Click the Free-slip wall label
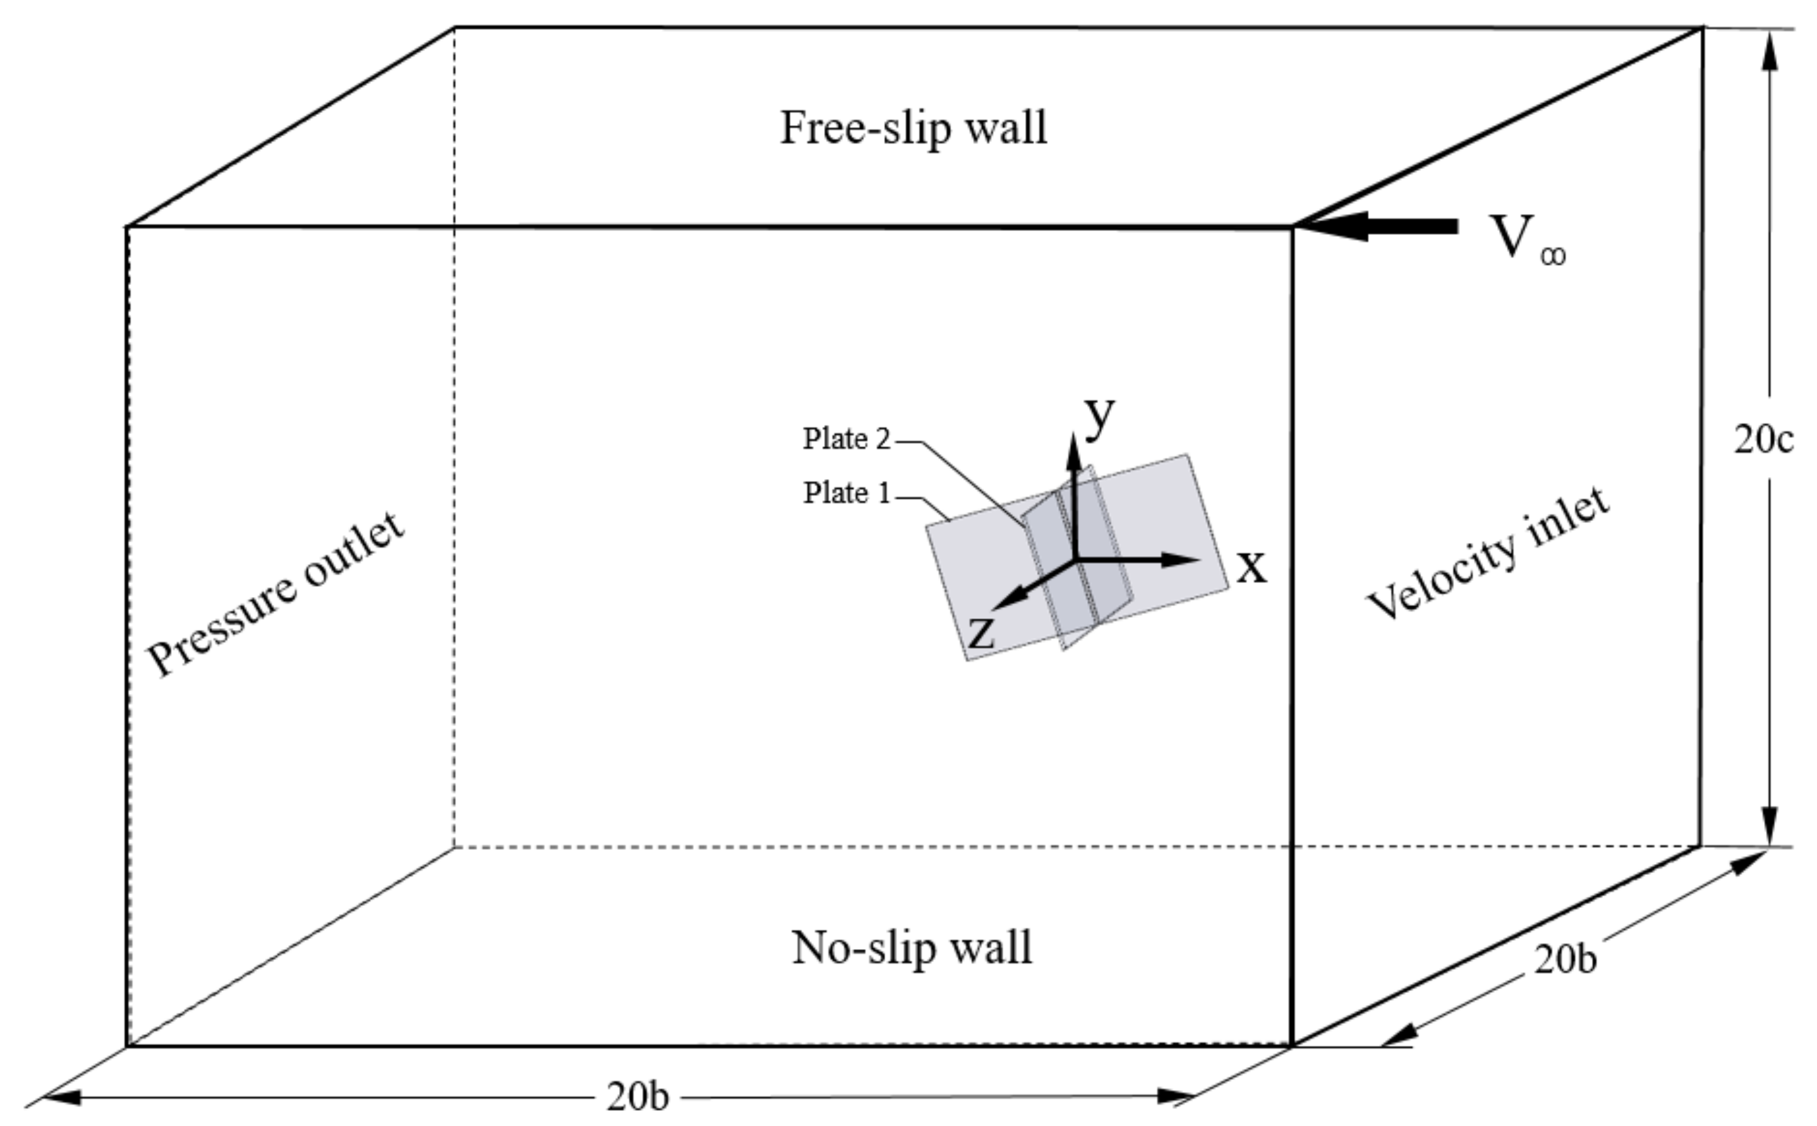(x=913, y=128)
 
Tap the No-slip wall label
(x=912, y=948)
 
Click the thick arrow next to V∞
(x=1385, y=226)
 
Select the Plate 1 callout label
(x=846, y=493)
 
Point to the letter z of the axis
(x=981, y=633)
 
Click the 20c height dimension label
(x=1763, y=440)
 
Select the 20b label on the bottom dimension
(x=637, y=1097)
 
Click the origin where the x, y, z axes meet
(x=1074, y=559)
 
